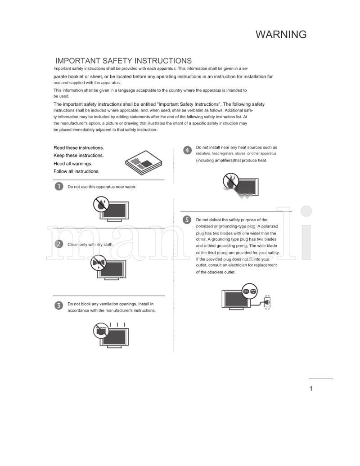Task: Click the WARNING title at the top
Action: pos(281,35)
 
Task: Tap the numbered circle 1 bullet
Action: pos(58,186)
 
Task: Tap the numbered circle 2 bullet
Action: pos(58,244)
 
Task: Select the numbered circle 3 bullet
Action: pos(58,306)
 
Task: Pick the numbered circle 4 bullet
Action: pos(187,150)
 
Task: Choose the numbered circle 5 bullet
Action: pos(187,220)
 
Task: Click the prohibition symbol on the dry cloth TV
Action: pos(98,263)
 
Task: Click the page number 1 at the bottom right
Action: pos(311,389)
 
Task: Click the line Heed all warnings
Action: pos(73,164)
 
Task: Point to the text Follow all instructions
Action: pos(76,171)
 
